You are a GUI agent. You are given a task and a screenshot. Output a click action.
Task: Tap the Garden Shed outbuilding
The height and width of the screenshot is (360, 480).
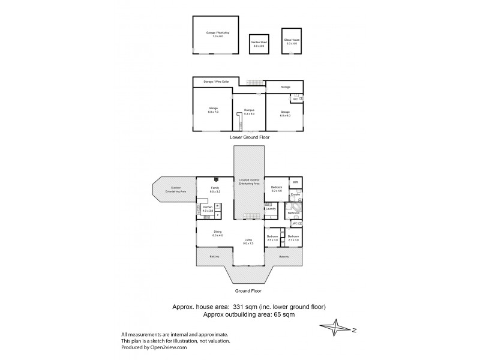pyautogui.click(x=259, y=43)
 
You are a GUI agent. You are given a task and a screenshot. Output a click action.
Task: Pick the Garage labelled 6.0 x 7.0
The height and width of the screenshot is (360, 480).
pyautogui.click(x=213, y=110)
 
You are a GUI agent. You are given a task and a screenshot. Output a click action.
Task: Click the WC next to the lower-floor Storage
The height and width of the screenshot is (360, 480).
pyautogui.click(x=296, y=99)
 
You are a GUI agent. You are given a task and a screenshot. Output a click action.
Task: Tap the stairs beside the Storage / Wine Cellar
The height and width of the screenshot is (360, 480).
pyautogui.click(x=256, y=83)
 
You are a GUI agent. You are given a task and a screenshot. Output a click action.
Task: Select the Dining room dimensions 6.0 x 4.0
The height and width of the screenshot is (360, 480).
pyautogui.click(x=217, y=236)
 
